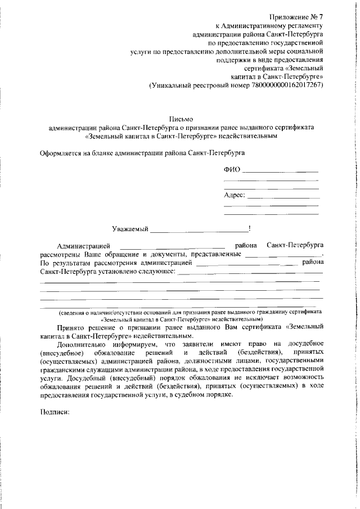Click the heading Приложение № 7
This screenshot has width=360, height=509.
tap(297, 17)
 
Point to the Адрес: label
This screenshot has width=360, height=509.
tap(235, 195)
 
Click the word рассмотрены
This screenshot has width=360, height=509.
tap(60, 254)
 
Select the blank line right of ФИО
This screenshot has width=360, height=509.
tap(281, 171)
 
